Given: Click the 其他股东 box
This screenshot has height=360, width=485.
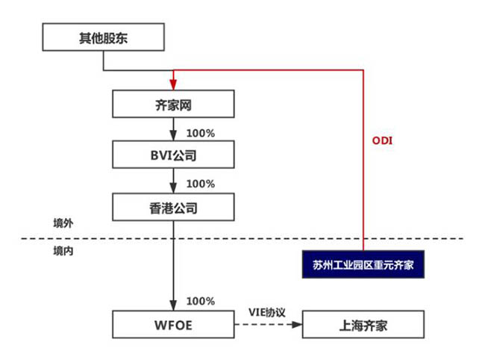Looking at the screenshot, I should point(103,38).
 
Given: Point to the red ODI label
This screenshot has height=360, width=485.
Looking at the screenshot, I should point(381,140).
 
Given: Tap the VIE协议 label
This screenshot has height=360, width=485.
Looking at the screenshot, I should point(267,311).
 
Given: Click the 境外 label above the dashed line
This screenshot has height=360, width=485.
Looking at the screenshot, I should point(63,223).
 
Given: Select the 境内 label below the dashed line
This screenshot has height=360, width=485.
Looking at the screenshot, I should point(63,252).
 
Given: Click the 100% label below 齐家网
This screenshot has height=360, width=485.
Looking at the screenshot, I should point(200,133).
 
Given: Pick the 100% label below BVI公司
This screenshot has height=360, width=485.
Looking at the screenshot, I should point(200,184).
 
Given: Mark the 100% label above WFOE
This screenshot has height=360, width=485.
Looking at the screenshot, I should point(200,301).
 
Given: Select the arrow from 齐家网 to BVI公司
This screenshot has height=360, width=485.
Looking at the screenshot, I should point(173,130).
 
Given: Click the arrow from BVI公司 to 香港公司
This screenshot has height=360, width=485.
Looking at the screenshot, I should point(173,181).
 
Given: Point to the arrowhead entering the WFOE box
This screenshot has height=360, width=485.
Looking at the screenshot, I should point(173,306).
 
